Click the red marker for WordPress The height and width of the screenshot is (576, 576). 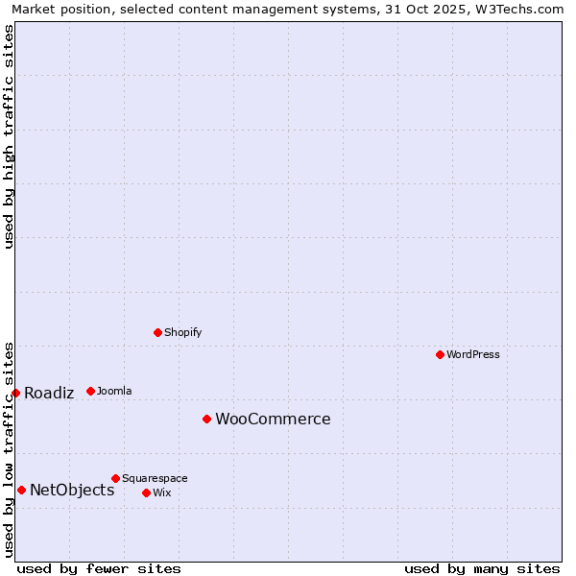(x=440, y=354)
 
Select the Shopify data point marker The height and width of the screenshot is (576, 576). (x=157, y=332)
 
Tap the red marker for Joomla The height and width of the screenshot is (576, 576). (x=90, y=391)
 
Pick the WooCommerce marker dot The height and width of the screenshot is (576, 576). (x=206, y=419)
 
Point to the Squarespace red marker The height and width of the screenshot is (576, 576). (x=115, y=478)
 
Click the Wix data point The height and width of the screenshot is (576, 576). (x=146, y=492)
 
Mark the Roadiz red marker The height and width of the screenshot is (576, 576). (x=15, y=393)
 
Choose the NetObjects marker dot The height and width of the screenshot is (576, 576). (x=21, y=490)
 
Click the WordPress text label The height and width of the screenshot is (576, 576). (x=473, y=354)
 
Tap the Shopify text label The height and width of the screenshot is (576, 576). (x=183, y=332)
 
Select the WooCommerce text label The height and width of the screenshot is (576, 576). (x=273, y=419)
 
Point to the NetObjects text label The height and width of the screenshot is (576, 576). (x=72, y=490)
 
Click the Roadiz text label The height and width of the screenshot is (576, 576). (x=49, y=393)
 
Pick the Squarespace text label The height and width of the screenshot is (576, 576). (x=155, y=478)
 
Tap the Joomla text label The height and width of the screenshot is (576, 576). (x=114, y=391)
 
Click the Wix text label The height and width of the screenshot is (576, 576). (x=161, y=492)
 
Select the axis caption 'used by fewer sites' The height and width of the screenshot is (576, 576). (x=99, y=568)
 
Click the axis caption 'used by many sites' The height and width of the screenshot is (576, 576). (x=482, y=568)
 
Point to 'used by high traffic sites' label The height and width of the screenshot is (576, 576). (x=9, y=136)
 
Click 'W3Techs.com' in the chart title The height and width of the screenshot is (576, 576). (x=524, y=9)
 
